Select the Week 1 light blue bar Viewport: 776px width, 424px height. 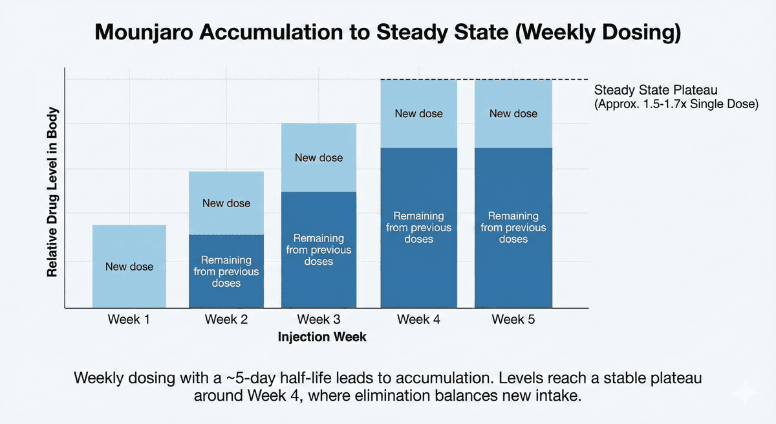click(x=129, y=266)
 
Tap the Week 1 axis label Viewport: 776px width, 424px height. click(x=129, y=319)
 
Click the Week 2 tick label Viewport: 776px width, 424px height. click(x=226, y=319)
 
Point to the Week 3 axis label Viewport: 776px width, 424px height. click(x=318, y=319)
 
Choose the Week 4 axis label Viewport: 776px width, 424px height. click(x=418, y=319)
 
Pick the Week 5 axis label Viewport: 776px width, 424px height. click(x=513, y=319)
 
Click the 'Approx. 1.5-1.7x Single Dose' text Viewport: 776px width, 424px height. click(x=676, y=104)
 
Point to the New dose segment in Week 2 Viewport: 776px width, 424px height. click(x=226, y=203)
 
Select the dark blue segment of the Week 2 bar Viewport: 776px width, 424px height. click(x=226, y=271)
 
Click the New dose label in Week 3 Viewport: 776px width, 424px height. click(x=318, y=158)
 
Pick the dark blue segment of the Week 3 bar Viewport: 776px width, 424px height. click(x=318, y=250)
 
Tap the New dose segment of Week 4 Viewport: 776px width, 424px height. click(x=418, y=114)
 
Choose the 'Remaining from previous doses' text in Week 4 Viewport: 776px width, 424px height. click(x=418, y=227)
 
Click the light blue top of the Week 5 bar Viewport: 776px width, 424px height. click(x=513, y=114)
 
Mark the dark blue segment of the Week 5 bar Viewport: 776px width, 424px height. click(x=513, y=227)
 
